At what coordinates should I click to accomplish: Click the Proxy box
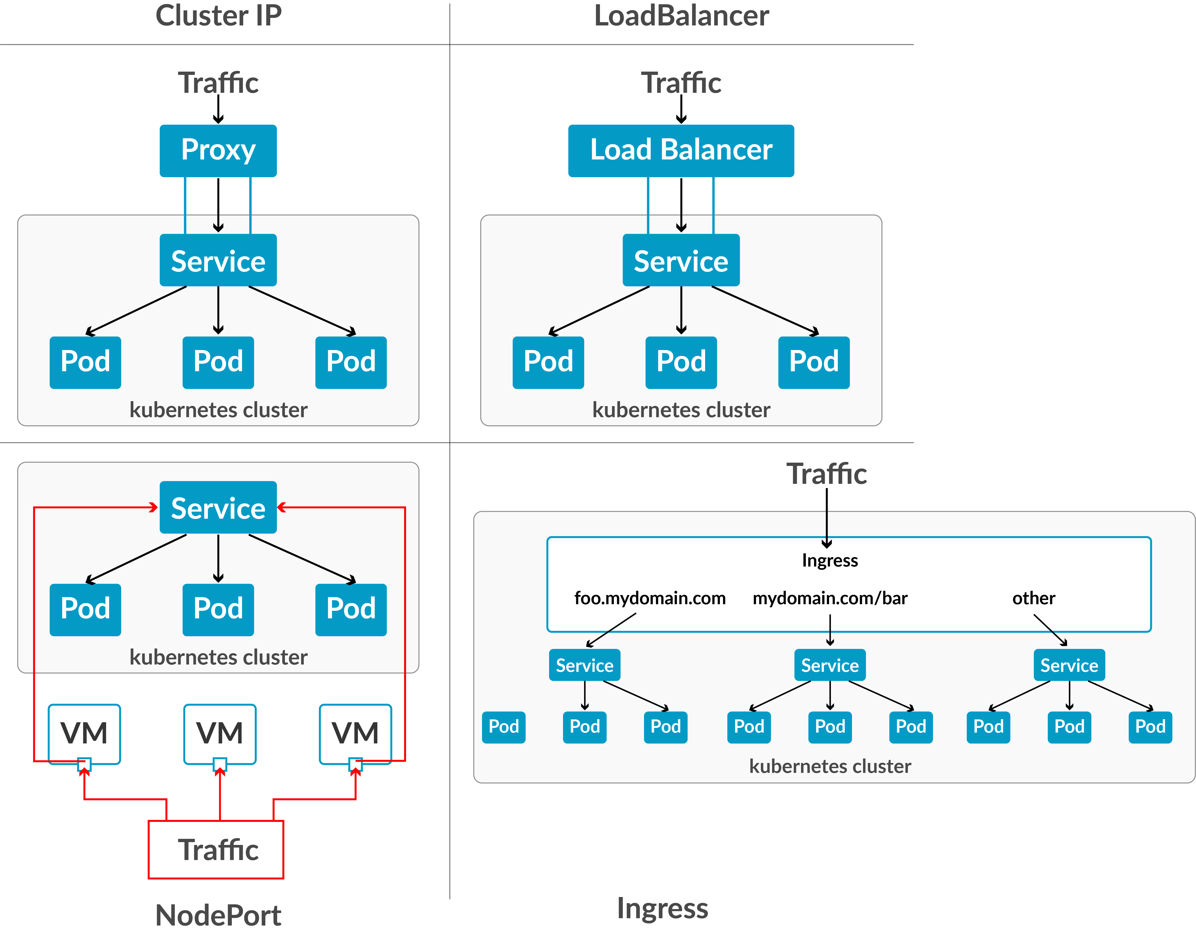(x=218, y=151)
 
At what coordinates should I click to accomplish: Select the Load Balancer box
(x=681, y=151)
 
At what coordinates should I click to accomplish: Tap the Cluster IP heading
(x=218, y=15)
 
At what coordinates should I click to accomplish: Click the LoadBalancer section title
(x=681, y=15)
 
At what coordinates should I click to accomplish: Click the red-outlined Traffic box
(x=216, y=850)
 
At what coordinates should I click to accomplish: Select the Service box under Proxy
(x=218, y=261)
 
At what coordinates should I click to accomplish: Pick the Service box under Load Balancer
(x=681, y=261)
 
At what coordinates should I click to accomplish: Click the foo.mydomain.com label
(x=649, y=598)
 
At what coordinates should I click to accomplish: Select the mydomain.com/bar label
(x=830, y=598)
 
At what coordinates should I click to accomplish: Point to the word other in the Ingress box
(x=1033, y=598)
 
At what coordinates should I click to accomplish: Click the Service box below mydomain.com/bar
(x=830, y=665)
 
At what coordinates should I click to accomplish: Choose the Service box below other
(x=1069, y=665)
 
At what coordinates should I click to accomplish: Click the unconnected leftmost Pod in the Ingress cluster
(x=503, y=727)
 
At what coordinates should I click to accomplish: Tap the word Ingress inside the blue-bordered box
(x=830, y=560)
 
